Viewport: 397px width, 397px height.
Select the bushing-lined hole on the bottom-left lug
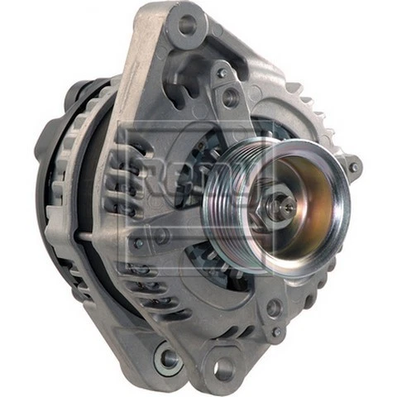click(x=169, y=357)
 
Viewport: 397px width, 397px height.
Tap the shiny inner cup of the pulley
click(x=306, y=203)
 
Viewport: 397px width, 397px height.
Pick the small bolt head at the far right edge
click(x=354, y=167)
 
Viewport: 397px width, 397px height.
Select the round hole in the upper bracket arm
click(x=231, y=98)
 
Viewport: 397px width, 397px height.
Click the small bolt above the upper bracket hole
click(x=222, y=73)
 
